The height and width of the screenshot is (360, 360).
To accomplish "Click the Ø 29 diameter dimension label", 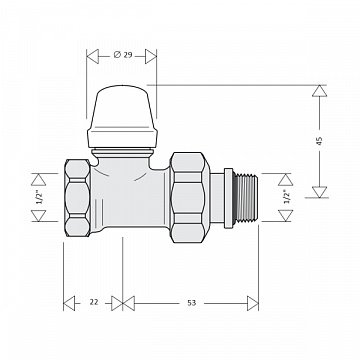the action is pyautogui.click(x=123, y=55).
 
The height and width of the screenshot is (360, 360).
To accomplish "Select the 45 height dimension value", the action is pyautogui.click(x=320, y=141).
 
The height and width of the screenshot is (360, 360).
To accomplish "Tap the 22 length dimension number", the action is pyautogui.click(x=94, y=302).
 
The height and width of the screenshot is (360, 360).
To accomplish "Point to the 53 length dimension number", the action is pyautogui.click(x=191, y=303).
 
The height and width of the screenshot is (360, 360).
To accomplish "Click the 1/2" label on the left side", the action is pyautogui.click(x=40, y=197).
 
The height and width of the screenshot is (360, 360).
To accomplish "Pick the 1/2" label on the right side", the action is pyautogui.click(x=286, y=197).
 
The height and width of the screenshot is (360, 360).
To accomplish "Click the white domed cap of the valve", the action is pyautogui.click(x=122, y=116).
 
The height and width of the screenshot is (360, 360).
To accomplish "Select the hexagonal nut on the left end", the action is pyautogui.click(x=77, y=198).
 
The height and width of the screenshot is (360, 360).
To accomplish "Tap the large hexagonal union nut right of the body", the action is pyautogui.click(x=190, y=197).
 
